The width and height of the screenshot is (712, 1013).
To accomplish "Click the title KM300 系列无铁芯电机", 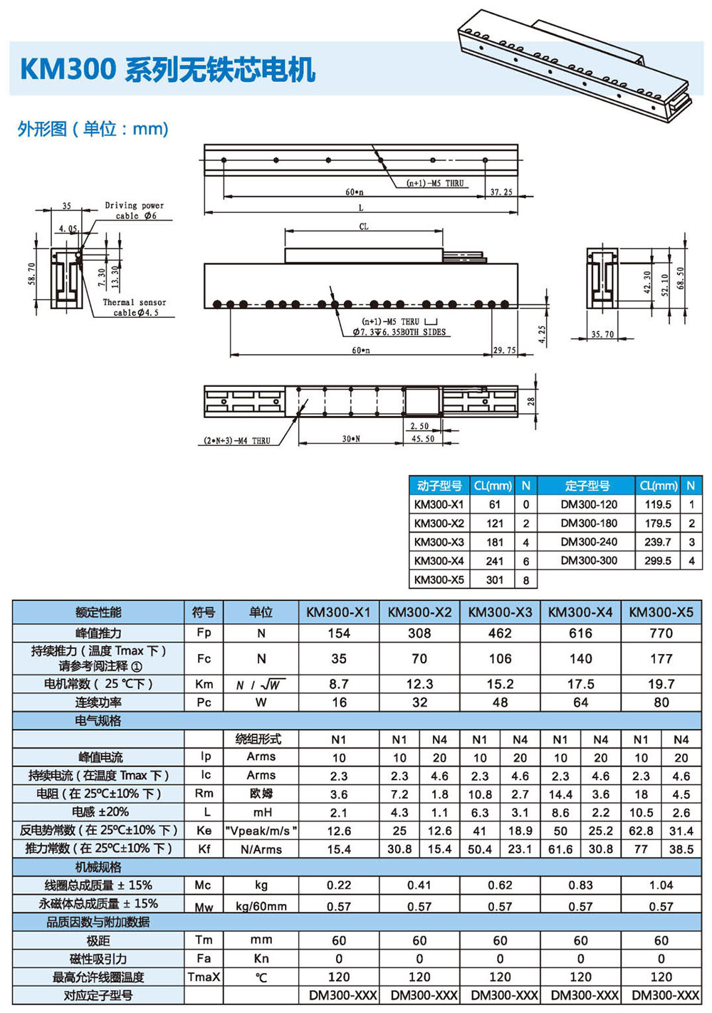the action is click(168, 70).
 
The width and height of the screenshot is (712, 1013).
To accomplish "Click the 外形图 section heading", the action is click(41, 129).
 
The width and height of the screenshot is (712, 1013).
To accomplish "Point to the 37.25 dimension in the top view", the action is click(501, 192).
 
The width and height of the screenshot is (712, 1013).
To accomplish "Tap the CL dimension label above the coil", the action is click(363, 226).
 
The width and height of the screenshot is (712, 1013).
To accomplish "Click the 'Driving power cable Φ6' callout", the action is click(135, 210).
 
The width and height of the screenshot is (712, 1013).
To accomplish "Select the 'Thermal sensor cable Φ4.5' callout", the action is click(135, 307).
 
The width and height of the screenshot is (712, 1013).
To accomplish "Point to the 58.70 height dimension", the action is click(31, 274).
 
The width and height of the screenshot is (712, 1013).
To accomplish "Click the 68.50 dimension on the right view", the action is click(680, 278).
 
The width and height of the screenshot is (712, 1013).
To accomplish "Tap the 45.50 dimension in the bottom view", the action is click(423, 438).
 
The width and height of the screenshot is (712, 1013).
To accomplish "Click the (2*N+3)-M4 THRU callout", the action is click(237, 440).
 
